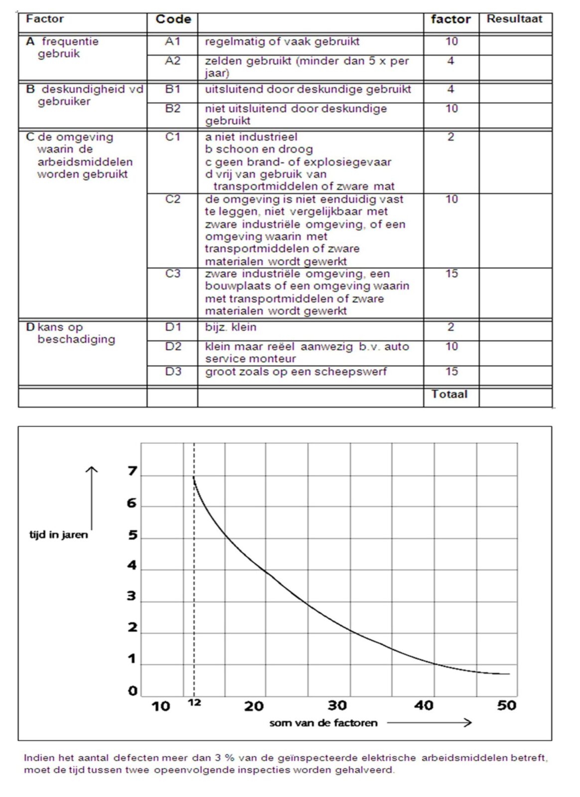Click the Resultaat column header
pos(514,19)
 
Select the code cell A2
pos(172,61)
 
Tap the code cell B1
pos(172,89)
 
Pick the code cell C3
pos(172,273)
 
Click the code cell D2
pos(172,346)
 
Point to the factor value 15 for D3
pos(451,371)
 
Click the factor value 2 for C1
pos(450,136)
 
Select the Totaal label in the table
pos(449,394)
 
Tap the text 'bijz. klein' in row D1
pos(231,327)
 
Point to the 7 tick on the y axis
pos(132,471)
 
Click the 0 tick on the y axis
pos(132,691)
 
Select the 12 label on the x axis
pos(194,702)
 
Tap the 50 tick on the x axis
pos(506,705)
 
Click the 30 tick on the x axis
pos(337,705)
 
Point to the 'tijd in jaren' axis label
pos(58,535)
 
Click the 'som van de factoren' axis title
pos(323,723)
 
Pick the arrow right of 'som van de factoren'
pos(429,722)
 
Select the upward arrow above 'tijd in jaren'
pos(91,498)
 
